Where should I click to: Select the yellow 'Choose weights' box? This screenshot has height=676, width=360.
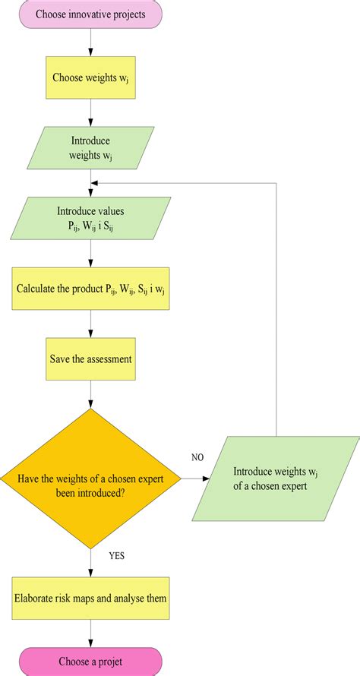[91, 77]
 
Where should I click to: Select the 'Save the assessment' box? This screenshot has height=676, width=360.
[91, 358]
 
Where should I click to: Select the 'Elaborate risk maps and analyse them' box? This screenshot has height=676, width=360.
[91, 599]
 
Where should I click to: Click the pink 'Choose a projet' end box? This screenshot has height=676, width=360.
[91, 661]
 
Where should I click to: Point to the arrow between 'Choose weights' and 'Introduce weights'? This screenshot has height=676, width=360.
[91, 112]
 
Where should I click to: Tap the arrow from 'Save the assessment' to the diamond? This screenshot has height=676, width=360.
[91, 394]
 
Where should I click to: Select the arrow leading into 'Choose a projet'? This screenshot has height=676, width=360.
[91, 633]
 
